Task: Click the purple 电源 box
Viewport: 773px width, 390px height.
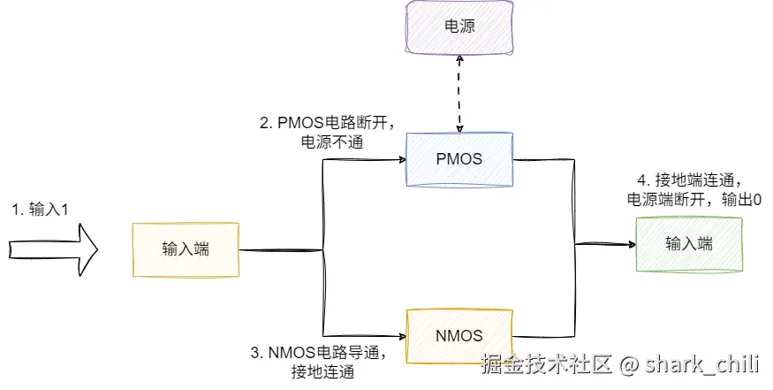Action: pos(459,27)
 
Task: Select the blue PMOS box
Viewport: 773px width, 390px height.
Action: pos(459,159)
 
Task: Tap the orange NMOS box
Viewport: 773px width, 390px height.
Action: pos(459,337)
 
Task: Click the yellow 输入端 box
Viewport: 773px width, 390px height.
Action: pos(186,249)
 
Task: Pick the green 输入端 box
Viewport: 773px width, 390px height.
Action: pos(689,244)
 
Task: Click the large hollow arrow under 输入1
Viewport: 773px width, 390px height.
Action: pos(53,249)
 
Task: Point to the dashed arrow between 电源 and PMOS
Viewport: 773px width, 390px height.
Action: pos(459,94)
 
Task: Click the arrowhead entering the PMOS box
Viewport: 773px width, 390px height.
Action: pos(402,159)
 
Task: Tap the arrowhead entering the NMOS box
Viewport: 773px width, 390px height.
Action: pos(402,337)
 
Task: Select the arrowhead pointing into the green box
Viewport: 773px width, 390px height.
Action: pos(632,244)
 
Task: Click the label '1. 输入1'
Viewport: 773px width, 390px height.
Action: pos(41,210)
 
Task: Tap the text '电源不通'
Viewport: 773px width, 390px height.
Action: pos(332,142)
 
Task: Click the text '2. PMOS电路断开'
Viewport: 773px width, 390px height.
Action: pos(324,122)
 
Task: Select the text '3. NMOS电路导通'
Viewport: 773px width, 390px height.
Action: pos(315,353)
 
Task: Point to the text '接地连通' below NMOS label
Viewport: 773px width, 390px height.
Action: pos(323,371)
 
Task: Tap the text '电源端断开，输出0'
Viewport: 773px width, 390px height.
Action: pos(694,200)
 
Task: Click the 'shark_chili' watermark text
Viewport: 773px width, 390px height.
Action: pos(701,365)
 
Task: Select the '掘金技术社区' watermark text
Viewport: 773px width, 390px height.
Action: pos(547,364)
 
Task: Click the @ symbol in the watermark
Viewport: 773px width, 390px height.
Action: pos(628,365)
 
